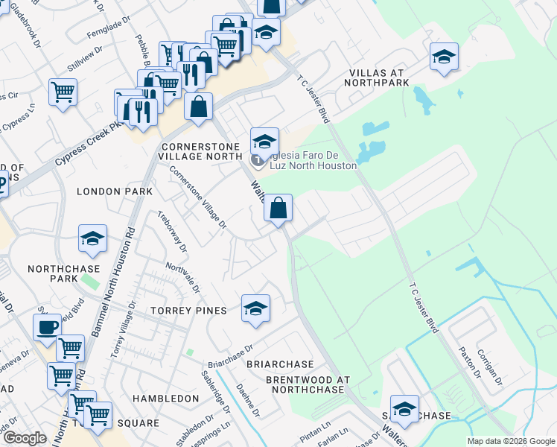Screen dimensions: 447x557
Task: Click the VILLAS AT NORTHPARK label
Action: [379, 77]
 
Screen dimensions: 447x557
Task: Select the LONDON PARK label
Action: [115, 191]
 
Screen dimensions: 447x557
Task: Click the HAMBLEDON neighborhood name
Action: [165, 399]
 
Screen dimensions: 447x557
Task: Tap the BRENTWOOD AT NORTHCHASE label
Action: [308, 385]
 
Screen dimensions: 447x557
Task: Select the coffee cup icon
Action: [48, 326]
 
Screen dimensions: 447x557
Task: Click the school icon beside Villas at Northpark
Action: [444, 57]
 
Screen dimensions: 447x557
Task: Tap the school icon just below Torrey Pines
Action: [255, 308]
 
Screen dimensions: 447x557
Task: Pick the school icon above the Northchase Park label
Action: [93, 238]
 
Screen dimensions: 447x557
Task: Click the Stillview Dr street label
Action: [84, 53]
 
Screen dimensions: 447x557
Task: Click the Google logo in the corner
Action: [25, 438]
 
